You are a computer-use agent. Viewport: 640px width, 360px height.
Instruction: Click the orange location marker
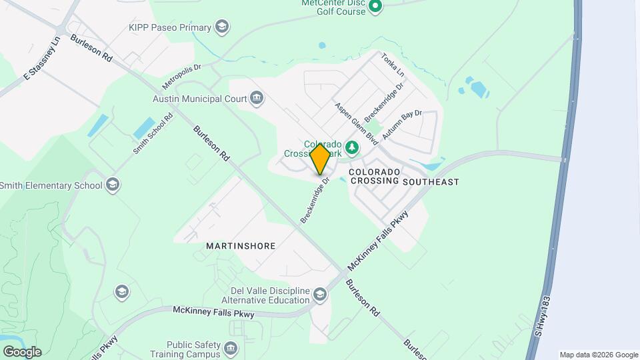coord(320,159)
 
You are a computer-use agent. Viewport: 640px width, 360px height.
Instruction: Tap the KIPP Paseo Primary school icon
coord(222,27)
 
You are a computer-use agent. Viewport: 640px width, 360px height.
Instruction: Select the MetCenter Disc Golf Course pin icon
coord(375,7)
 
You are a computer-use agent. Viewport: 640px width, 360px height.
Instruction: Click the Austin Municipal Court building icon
coord(257,99)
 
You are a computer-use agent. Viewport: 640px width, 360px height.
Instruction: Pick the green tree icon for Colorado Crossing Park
coord(352,147)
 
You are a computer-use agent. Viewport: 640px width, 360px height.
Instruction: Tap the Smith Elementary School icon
coord(113,185)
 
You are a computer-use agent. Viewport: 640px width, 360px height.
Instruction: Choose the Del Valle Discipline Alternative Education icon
coord(320,295)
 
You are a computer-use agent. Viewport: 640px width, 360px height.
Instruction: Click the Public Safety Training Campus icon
coord(230,349)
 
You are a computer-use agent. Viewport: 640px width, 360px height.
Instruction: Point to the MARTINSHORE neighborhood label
coord(241,246)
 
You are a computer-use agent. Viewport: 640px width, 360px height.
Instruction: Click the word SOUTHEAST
coord(431,181)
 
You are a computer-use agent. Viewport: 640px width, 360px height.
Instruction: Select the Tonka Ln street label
coord(393,63)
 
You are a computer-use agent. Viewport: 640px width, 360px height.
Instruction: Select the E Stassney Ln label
coord(41,59)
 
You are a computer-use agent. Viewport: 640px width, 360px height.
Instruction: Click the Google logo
coord(22,352)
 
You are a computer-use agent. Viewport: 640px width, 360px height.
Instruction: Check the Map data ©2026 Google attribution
coord(599,355)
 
